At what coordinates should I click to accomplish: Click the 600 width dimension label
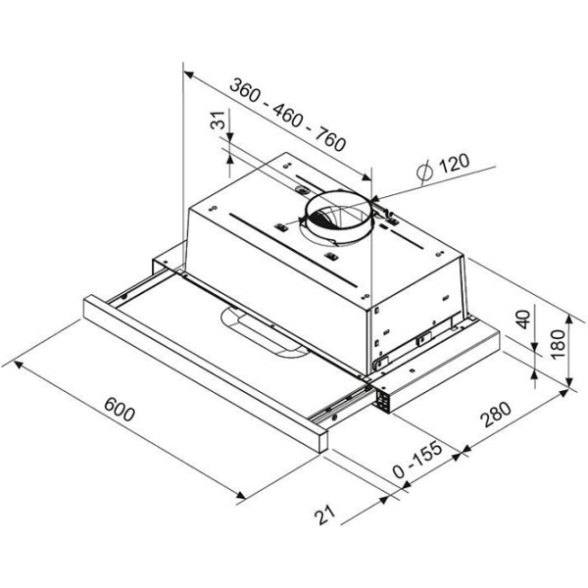(x=120, y=409)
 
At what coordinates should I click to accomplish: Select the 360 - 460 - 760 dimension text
(x=287, y=115)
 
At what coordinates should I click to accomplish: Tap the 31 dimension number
(x=218, y=120)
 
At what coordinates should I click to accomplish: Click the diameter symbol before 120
(x=425, y=172)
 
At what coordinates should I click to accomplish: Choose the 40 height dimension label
(x=524, y=319)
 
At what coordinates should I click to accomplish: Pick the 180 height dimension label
(x=558, y=344)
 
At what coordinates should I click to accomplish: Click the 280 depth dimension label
(x=497, y=415)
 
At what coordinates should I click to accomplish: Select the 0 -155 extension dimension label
(x=417, y=460)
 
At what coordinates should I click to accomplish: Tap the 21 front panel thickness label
(x=324, y=514)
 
